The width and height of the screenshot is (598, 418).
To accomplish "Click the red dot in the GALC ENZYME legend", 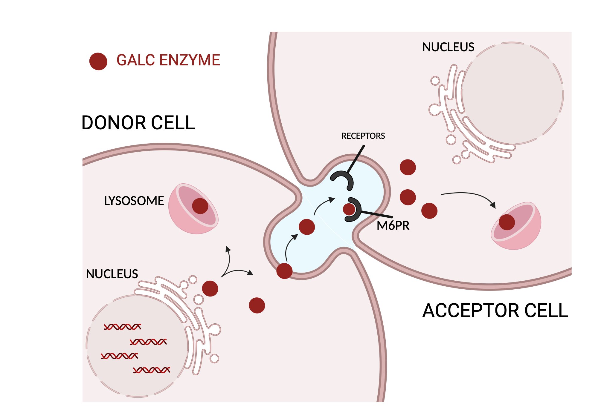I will pos(98,62).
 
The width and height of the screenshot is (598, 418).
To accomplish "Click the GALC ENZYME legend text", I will pos(168,60).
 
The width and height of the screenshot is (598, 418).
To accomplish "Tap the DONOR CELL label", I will pos(138,123).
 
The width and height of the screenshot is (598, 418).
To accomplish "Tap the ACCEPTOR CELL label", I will pos(495,311).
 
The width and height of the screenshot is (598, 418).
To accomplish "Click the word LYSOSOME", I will pos(134,201).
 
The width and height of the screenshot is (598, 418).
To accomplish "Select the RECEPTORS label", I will pos(363,136).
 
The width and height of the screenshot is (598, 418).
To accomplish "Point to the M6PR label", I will pos(393,226).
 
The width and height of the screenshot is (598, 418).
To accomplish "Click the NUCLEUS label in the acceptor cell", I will pos(448,47).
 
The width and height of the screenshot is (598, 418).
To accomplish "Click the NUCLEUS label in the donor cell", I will pos(112,274).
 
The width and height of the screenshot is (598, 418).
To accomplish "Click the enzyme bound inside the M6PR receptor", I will pos(349,209).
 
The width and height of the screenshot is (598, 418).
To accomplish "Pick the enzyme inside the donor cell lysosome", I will pos(200,206).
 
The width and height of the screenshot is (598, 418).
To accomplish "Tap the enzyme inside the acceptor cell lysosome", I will pos(507,222).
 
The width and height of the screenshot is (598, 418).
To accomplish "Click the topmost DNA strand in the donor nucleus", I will pos(122,327).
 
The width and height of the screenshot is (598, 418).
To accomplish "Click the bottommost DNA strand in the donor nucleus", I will pos(152,370).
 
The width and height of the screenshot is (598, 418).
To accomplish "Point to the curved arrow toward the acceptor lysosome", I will pos(469,195).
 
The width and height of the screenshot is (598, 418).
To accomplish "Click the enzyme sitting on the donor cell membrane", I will pos(284,271).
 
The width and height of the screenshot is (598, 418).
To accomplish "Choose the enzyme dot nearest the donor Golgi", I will pos(210,288).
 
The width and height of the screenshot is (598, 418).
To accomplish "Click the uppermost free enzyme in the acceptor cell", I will pos(408,167).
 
